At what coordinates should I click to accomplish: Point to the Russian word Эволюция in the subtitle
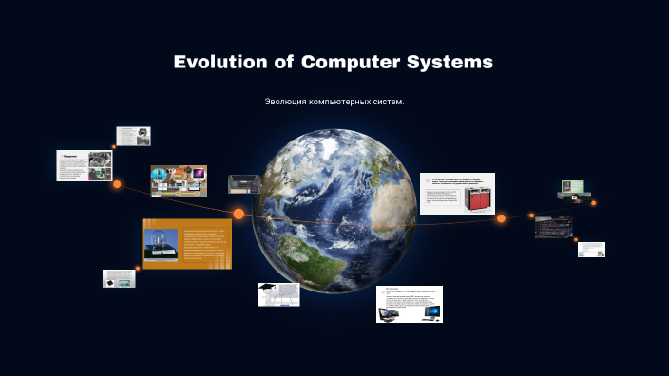[x=289, y=102]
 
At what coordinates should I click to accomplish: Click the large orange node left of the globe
[x=239, y=214]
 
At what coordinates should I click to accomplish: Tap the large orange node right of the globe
[x=501, y=218]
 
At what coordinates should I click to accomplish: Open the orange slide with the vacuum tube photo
[x=187, y=244]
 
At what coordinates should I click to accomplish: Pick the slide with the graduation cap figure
[x=278, y=293]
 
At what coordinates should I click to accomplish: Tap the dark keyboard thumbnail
[x=552, y=227]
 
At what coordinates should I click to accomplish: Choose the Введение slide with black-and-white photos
[x=85, y=165]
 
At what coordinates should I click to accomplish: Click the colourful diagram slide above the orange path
[x=179, y=180]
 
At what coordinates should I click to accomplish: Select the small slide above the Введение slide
[x=133, y=136]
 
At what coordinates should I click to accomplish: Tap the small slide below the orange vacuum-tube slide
[x=119, y=278]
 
